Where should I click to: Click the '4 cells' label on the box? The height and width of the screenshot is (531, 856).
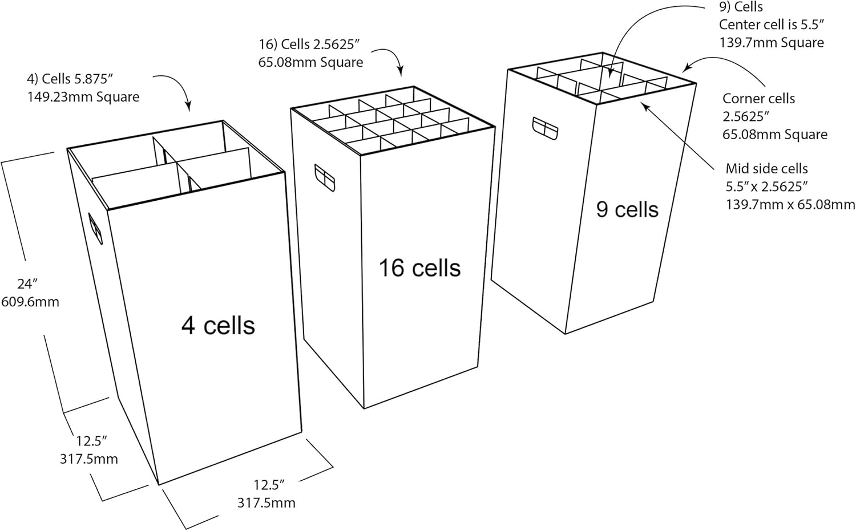218,326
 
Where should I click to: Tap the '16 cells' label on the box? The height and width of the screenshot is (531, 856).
419,268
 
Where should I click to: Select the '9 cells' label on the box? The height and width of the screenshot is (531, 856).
627,210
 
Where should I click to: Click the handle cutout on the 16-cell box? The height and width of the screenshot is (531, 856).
324,177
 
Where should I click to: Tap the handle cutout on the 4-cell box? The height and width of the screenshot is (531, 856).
95,229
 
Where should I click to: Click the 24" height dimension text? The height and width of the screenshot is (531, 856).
27,283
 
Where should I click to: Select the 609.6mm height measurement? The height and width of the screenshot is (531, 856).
30,302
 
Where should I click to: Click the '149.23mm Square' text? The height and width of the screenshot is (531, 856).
83,97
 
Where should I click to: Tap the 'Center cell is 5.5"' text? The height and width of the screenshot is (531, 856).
771,25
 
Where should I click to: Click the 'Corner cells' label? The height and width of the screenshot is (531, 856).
758,99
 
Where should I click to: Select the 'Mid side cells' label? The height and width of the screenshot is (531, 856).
766,169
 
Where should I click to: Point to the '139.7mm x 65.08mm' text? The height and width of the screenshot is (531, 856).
790,204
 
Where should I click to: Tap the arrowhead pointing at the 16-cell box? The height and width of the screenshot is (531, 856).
400,72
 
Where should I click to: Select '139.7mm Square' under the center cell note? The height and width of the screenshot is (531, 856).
771,43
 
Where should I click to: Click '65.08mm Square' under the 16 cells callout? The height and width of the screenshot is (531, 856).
310,62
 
